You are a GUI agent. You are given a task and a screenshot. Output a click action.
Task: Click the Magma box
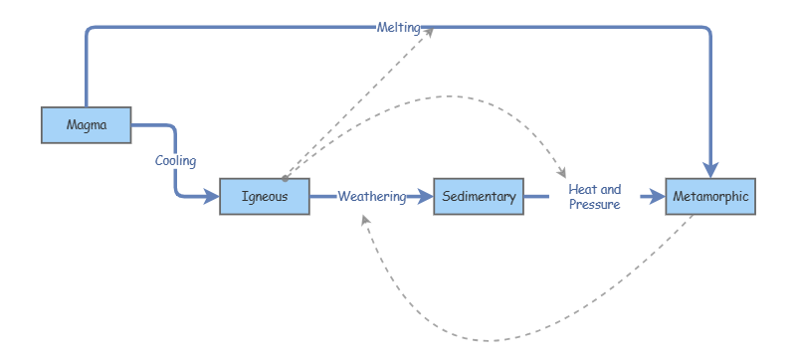[x=87, y=124]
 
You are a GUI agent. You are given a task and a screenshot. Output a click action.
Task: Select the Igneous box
[x=265, y=197]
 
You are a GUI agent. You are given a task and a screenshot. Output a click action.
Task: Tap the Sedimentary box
[x=479, y=197]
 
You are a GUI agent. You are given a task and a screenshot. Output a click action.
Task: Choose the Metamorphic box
[x=710, y=197]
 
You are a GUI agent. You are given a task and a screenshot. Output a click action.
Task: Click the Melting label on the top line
[x=398, y=28]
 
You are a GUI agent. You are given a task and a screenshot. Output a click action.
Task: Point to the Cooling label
[x=175, y=160]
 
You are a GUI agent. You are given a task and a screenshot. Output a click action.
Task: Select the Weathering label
[x=371, y=197]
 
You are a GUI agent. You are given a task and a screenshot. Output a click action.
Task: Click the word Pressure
[x=595, y=205]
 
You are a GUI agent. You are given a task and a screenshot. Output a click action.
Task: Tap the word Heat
[x=582, y=189]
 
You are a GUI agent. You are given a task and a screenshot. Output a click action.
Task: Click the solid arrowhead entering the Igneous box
[x=212, y=197]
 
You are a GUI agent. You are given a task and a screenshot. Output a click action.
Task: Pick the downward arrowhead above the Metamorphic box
[x=710, y=170]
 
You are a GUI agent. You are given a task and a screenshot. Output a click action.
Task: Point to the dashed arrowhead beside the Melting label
[x=430, y=30]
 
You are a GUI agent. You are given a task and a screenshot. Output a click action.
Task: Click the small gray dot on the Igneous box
[x=285, y=179]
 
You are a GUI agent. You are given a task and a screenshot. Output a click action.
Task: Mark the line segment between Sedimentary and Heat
[x=536, y=197]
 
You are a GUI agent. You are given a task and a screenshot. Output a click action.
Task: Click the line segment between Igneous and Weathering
[x=322, y=197]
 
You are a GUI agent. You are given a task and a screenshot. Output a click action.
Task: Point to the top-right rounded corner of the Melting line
[x=707, y=31]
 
